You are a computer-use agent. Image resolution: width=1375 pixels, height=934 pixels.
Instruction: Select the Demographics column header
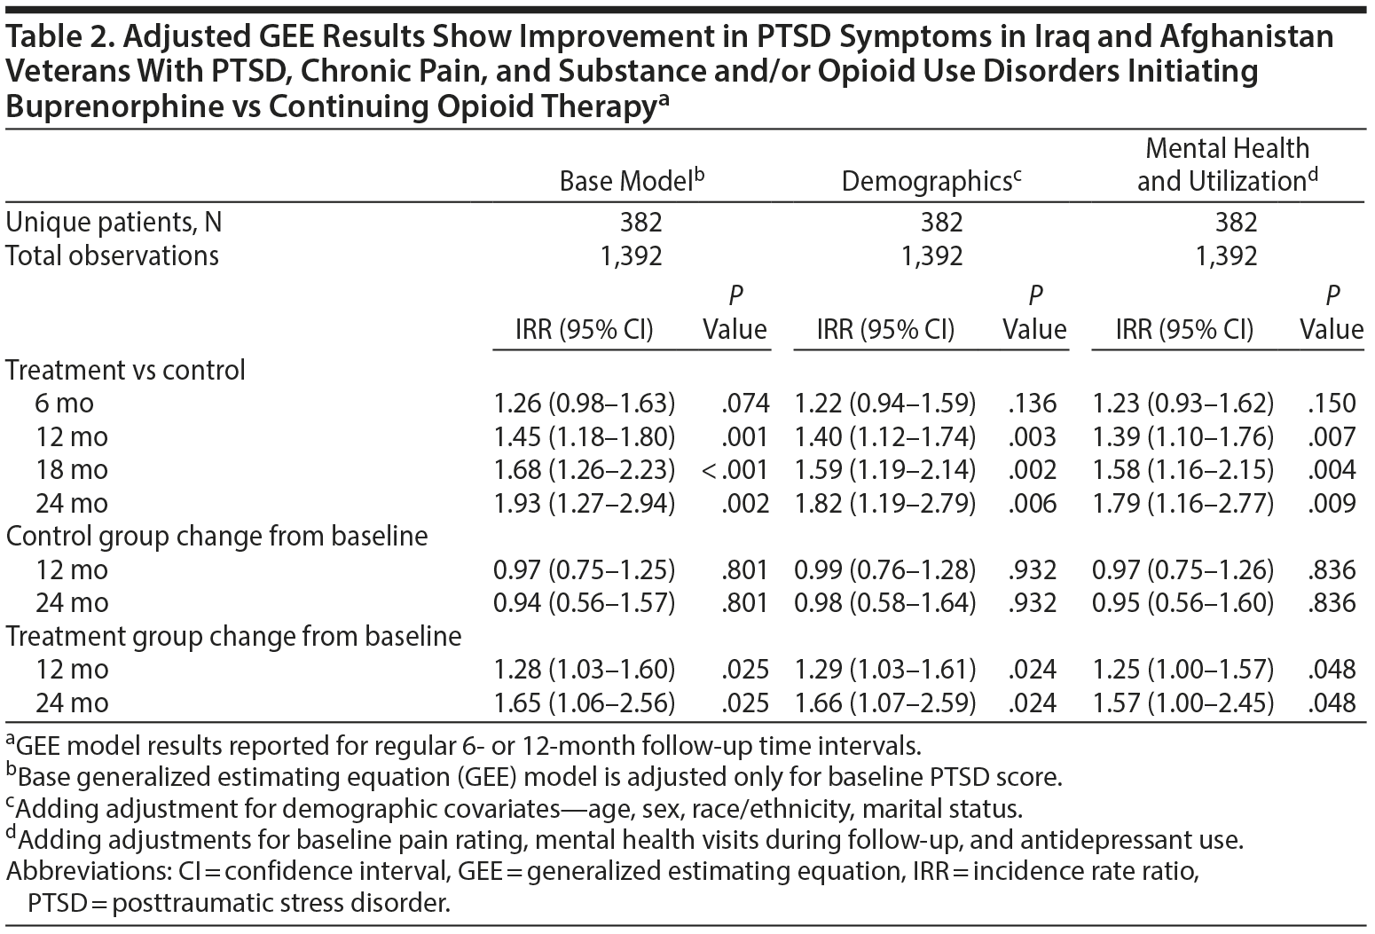[931, 181]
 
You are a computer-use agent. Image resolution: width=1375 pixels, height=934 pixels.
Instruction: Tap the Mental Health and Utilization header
[1227, 165]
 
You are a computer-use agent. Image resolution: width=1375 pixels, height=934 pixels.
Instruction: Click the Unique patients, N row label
[114, 222]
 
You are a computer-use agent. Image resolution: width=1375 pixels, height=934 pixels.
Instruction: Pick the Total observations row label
[112, 255]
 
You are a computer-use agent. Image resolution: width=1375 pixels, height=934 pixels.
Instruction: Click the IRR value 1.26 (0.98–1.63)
[585, 404]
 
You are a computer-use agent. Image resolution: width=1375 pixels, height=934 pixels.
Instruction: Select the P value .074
[743, 404]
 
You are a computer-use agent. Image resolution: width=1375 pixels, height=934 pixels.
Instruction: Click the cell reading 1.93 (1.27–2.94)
[585, 504]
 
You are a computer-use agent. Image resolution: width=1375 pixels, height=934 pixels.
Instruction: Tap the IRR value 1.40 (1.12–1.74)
[884, 436]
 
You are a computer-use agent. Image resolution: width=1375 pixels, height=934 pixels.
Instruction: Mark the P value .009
[1332, 504]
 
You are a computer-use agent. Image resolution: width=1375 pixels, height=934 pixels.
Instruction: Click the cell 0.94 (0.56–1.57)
[585, 603]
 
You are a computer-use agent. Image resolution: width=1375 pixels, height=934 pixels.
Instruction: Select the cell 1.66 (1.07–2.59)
[884, 703]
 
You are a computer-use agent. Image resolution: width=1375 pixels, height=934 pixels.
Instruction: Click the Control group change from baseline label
[216, 537]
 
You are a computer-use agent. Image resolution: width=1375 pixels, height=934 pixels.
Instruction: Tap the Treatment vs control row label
[125, 370]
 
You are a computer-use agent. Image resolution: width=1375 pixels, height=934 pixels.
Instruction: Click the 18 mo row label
[65, 470]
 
